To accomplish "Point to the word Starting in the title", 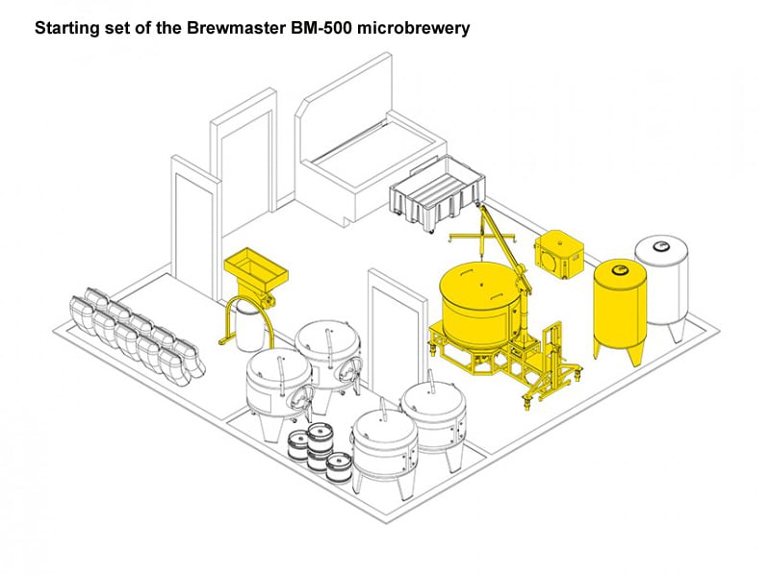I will point(67,28).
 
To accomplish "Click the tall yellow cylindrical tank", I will point(620,308).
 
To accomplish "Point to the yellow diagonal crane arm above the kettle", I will point(500,236).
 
